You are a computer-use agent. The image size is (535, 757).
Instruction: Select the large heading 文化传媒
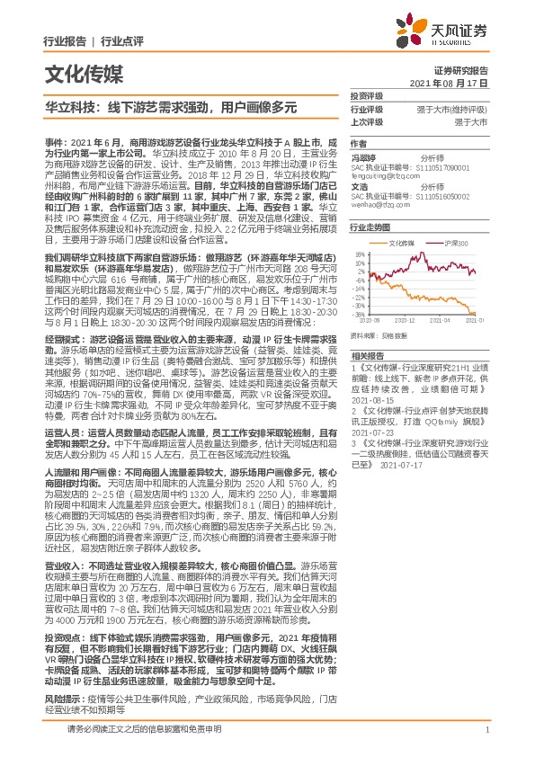pos(79,72)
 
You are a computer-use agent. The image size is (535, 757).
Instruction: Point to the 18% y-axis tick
pos(360,254)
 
